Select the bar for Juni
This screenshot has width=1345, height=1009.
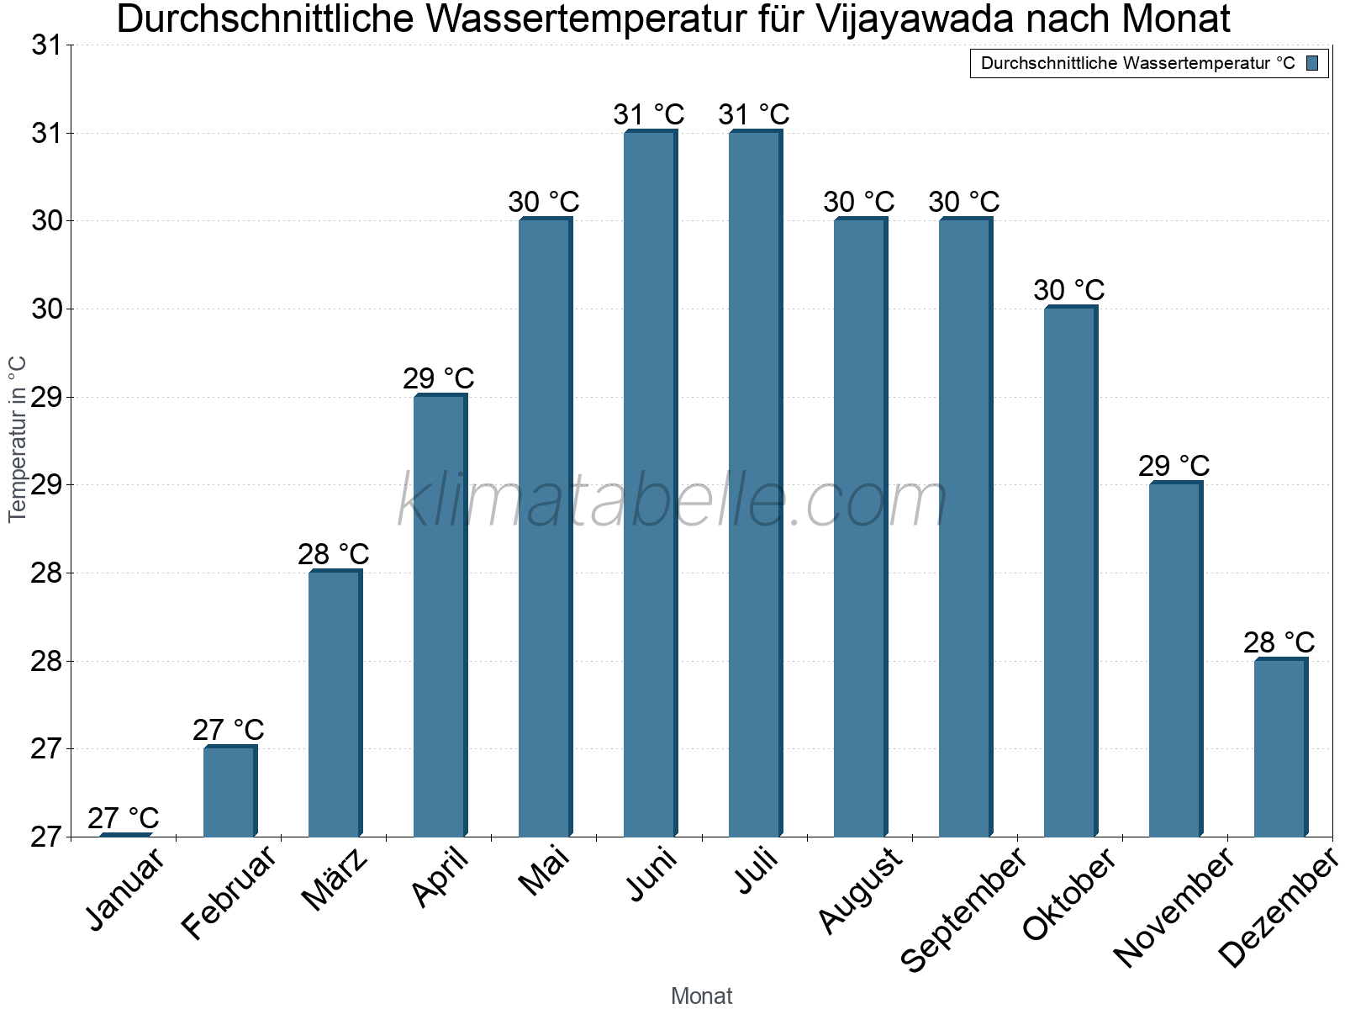(x=649, y=483)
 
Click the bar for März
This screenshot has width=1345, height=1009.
(x=334, y=704)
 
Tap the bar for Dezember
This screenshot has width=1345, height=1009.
(x=1279, y=748)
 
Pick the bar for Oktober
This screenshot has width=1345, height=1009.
(x=1069, y=572)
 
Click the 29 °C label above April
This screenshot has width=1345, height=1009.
(x=439, y=378)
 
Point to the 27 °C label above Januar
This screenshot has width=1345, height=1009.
(x=124, y=818)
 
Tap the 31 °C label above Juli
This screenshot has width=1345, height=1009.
(x=754, y=114)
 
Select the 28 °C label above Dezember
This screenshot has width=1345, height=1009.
(x=1279, y=642)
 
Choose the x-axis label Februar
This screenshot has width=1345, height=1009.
(x=229, y=893)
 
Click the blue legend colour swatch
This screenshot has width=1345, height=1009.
(x=1312, y=63)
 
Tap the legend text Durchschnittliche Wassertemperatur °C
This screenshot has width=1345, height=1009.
(x=1137, y=63)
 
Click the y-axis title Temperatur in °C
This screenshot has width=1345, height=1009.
(x=18, y=439)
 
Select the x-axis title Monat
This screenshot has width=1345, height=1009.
(x=701, y=996)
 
